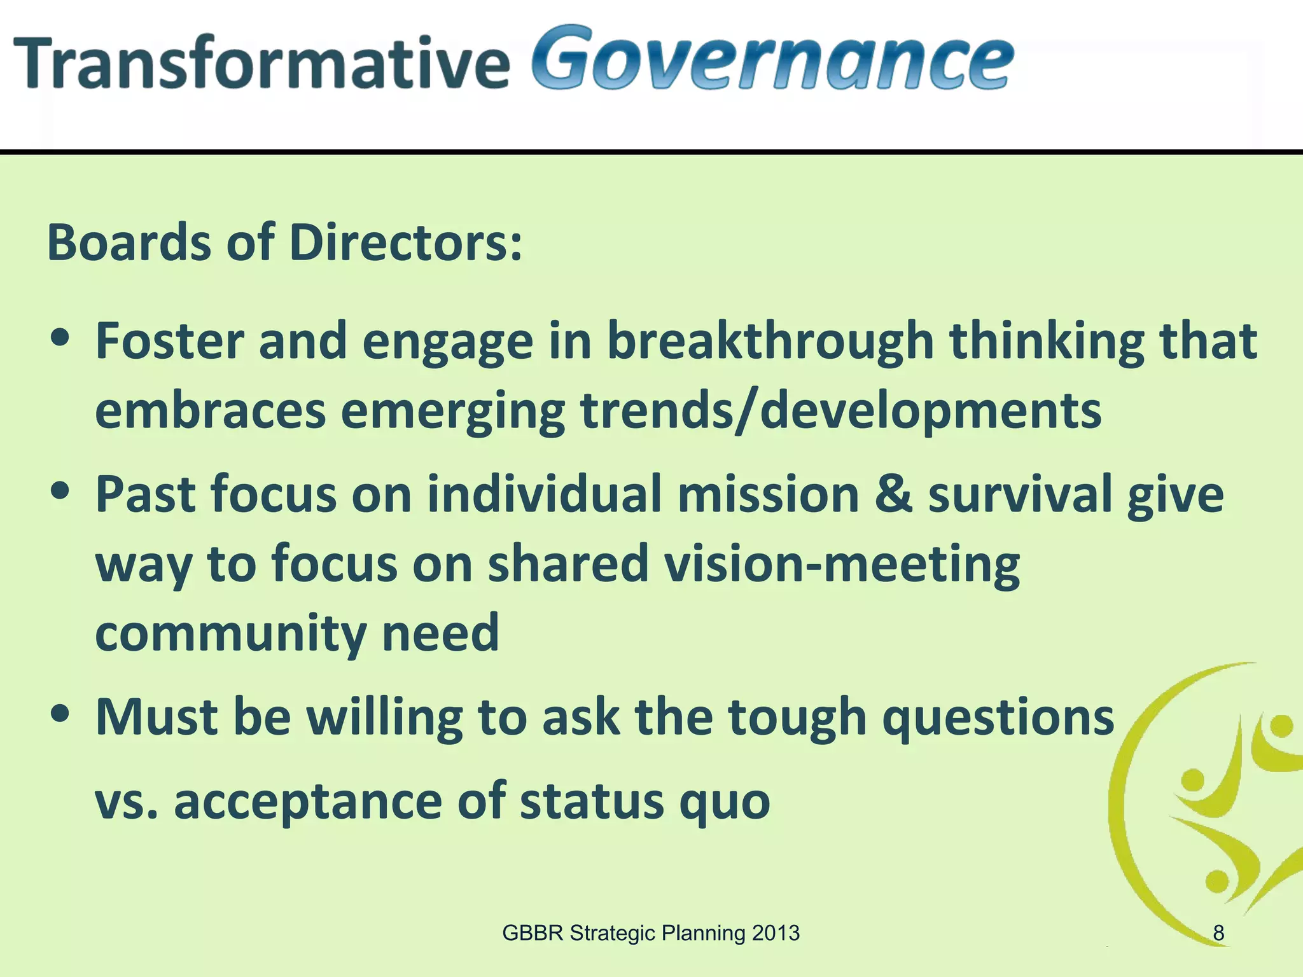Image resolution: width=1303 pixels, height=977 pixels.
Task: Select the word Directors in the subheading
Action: tap(405, 243)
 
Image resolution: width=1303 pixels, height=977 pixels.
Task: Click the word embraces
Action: tap(211, 411)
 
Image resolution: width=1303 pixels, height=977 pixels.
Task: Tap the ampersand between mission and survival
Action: tap(893, 495)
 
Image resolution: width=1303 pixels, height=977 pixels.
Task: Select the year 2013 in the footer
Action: tap(775, 933)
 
